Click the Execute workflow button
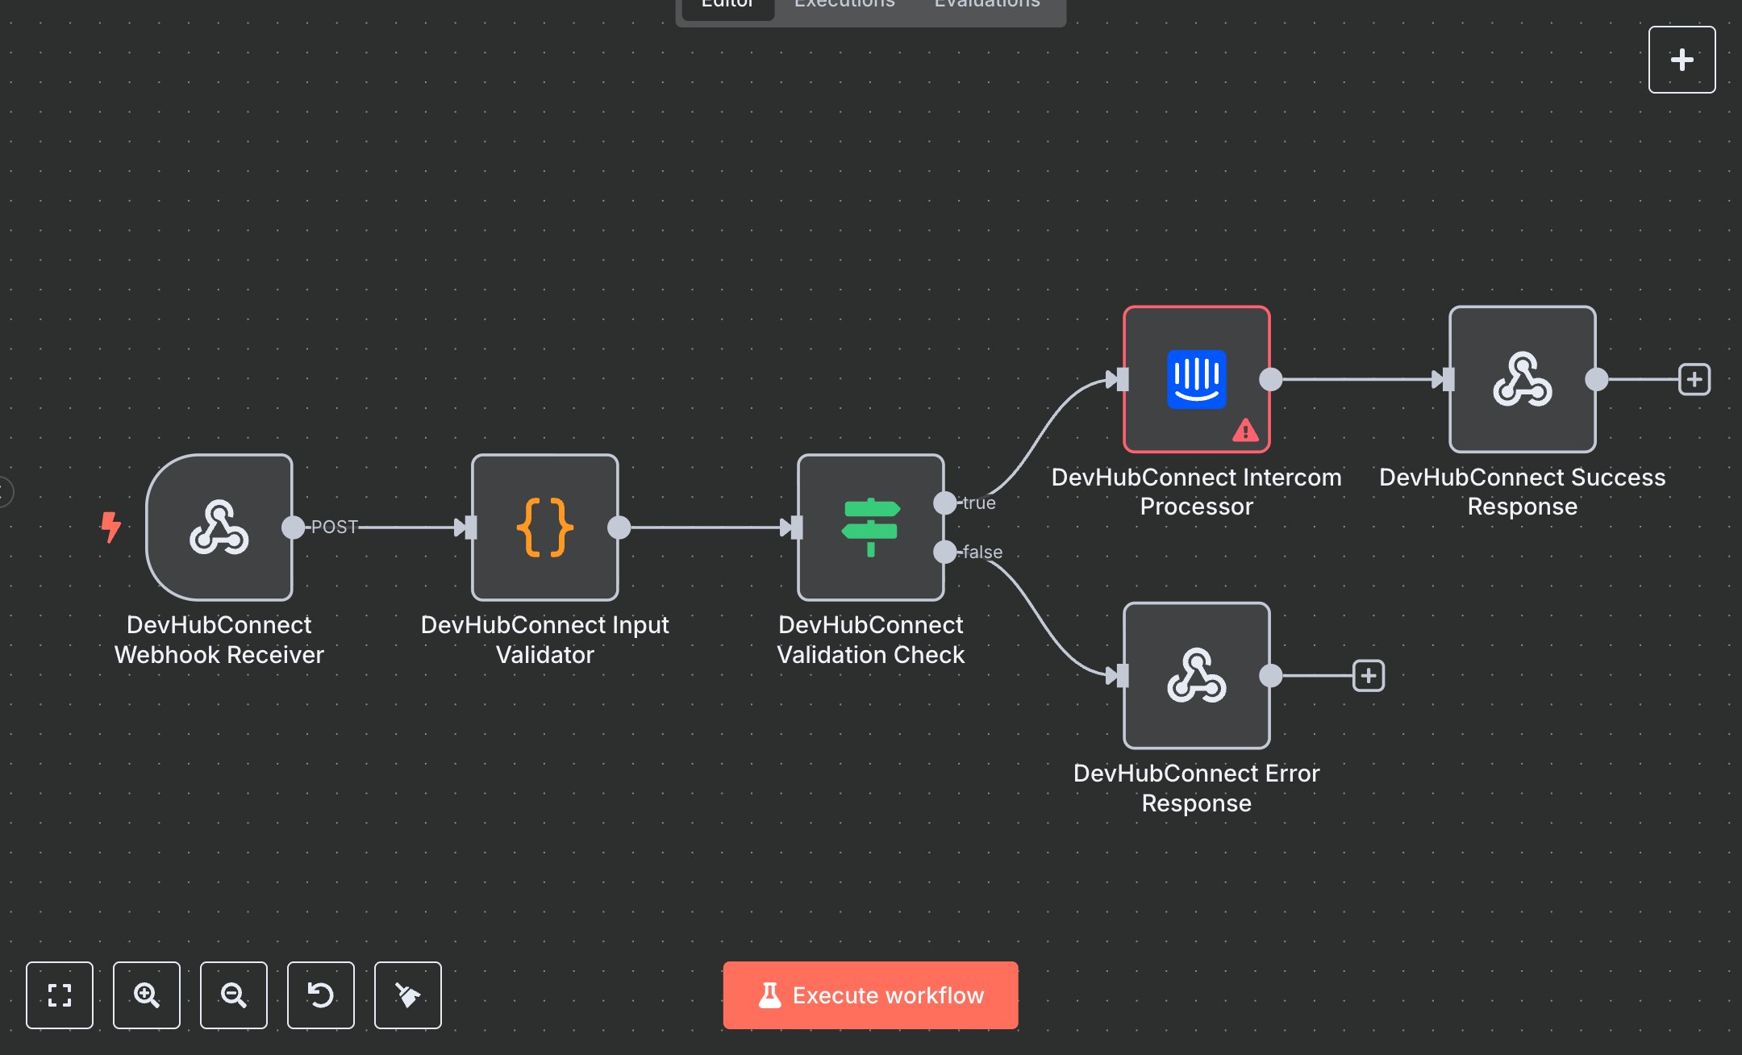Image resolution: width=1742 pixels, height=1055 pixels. click(x=870, y=995)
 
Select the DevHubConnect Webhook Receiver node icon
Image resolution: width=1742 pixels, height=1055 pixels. click(x=219, y=527)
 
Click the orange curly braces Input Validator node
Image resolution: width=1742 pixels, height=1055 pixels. click(x=545, y=527)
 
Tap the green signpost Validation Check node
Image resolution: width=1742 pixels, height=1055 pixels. click(x=870, y=527)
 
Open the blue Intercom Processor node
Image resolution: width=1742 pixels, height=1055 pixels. click(x=1196, y=379)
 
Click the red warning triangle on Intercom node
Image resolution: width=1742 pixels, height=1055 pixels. click(x=1245, y=431)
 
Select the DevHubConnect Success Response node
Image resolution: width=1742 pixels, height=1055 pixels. click(x=1522, y=379)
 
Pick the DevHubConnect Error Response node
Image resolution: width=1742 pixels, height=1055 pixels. click(x=1196, y=676)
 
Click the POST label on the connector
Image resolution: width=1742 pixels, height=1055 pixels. click(x=334, y=527)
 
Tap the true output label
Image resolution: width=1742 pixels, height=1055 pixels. click(x=979, y=502)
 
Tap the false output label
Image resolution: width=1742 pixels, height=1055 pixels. click(x=982, y=552)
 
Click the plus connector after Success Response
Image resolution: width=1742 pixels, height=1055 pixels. click(x=1694, y=379)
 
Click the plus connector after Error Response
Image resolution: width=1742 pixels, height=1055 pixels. click(x=1369, y=676)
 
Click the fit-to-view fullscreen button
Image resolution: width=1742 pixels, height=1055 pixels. click(x=60, y=995)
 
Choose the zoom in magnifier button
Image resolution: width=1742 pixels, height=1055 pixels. click(x=147, y=995)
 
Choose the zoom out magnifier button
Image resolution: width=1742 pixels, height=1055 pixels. click(x=234, y=995)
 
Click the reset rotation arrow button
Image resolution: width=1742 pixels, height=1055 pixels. click(x=321, y=995)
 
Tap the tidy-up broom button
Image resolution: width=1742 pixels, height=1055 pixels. click(x=408, y=995)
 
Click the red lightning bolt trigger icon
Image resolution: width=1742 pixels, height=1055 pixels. click(x=110, y=527)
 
